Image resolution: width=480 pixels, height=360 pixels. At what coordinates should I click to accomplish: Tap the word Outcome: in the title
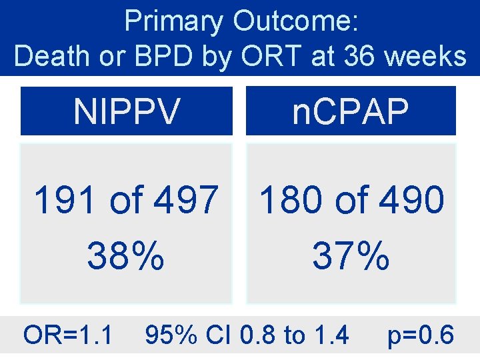click(296, 21)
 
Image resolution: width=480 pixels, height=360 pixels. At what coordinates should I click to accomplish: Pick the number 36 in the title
click(362, 56)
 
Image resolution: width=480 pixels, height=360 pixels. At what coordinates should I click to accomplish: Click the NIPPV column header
click(126, 111)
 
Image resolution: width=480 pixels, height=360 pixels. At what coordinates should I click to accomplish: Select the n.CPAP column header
click(351, 111)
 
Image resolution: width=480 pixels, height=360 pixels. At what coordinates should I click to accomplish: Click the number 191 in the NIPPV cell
click(64, 200)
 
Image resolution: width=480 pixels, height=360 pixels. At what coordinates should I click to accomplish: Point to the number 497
click(188, 200)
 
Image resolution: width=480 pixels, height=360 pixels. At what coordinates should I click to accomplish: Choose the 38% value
click(126, 255)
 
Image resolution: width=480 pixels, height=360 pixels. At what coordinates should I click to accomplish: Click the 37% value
click(351, 255)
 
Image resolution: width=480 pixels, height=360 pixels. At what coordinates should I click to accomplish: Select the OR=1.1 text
click(68, 335)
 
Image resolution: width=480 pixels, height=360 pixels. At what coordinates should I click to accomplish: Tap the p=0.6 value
click(421, 335)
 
